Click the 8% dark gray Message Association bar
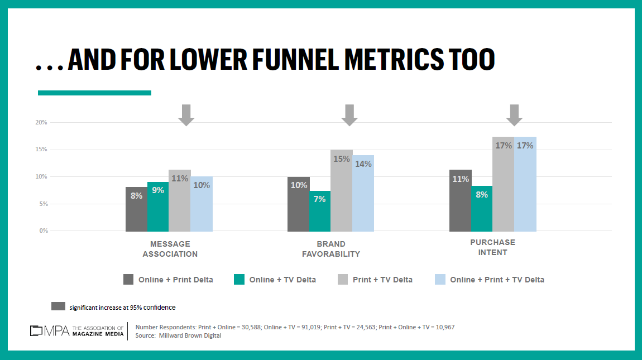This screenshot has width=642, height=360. click(x=136, y=209)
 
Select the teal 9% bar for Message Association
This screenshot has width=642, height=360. click(x=158, y=207)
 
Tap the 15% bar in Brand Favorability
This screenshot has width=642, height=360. click(x=342, y=190)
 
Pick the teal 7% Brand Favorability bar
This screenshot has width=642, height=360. click(x=320, y=211)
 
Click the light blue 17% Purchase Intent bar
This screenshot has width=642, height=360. click(x=525, y=184)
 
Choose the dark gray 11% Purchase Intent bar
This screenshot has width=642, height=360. click(x=460, y=200)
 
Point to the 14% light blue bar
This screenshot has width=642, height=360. click(x=363, y=193)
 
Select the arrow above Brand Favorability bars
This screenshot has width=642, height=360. click(x=349, y=114)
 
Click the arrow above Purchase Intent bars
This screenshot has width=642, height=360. click(x=514, y=114)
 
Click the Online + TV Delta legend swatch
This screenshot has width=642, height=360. click(x=239, y=280)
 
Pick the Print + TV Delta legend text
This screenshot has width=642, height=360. click(x=382, y=280)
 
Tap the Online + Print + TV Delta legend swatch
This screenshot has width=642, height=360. click(x=440, y=280)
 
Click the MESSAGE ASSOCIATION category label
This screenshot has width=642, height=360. click(x=170, y=249)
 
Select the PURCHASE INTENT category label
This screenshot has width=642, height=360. click(x=492, y=247)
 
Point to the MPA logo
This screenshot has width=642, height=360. click(x=50, y=330)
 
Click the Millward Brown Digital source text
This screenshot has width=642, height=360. click(x=190, y=335)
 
